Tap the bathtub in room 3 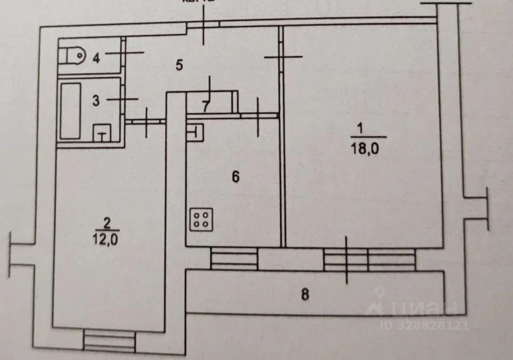(x=70, y=111)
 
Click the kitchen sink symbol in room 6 (x=196, y=132)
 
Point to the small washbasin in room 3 (x=102, y=133)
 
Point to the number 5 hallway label (x=179, y=65)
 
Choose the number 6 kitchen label (x=235, y=177)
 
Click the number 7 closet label (x=205, y=106)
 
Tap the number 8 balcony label (x=304, y=294)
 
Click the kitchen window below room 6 (x=234, y=259)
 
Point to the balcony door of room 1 (x=346, y=259)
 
